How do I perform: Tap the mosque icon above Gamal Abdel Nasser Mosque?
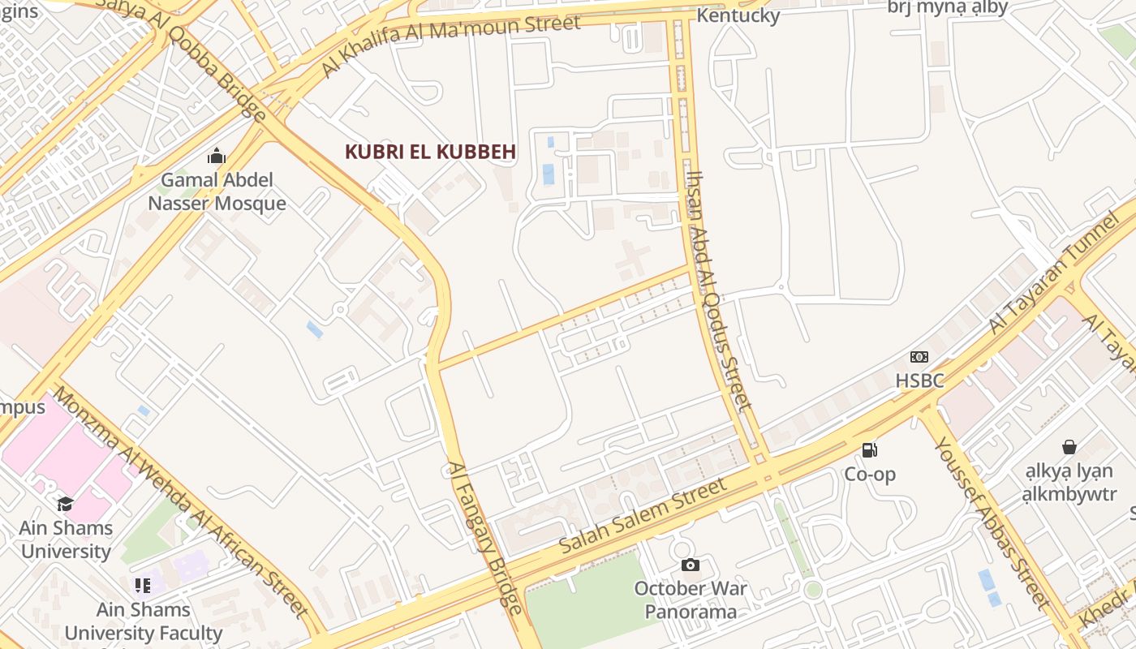[217, 156]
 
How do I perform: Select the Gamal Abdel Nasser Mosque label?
[217, 191]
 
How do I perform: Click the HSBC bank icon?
[919, 357]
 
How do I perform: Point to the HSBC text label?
[919, 380]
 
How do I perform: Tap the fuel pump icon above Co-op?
[869, 450]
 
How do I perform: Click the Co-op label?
[869, 474]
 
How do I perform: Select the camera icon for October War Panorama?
[690, 565]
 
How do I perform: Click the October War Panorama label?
[691, 600]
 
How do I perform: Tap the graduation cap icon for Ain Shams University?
[65, 504]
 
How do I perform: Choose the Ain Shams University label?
[66, 539]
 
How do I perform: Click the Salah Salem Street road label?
[643, 517]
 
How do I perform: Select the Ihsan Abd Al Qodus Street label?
[719, 290]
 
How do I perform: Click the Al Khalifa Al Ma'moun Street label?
[451, 45]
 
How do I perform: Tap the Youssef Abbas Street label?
[992, 522]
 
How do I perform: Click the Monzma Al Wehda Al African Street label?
[180, 502]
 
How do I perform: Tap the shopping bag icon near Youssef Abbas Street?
[1069, 447]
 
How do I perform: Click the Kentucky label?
[738, 15]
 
